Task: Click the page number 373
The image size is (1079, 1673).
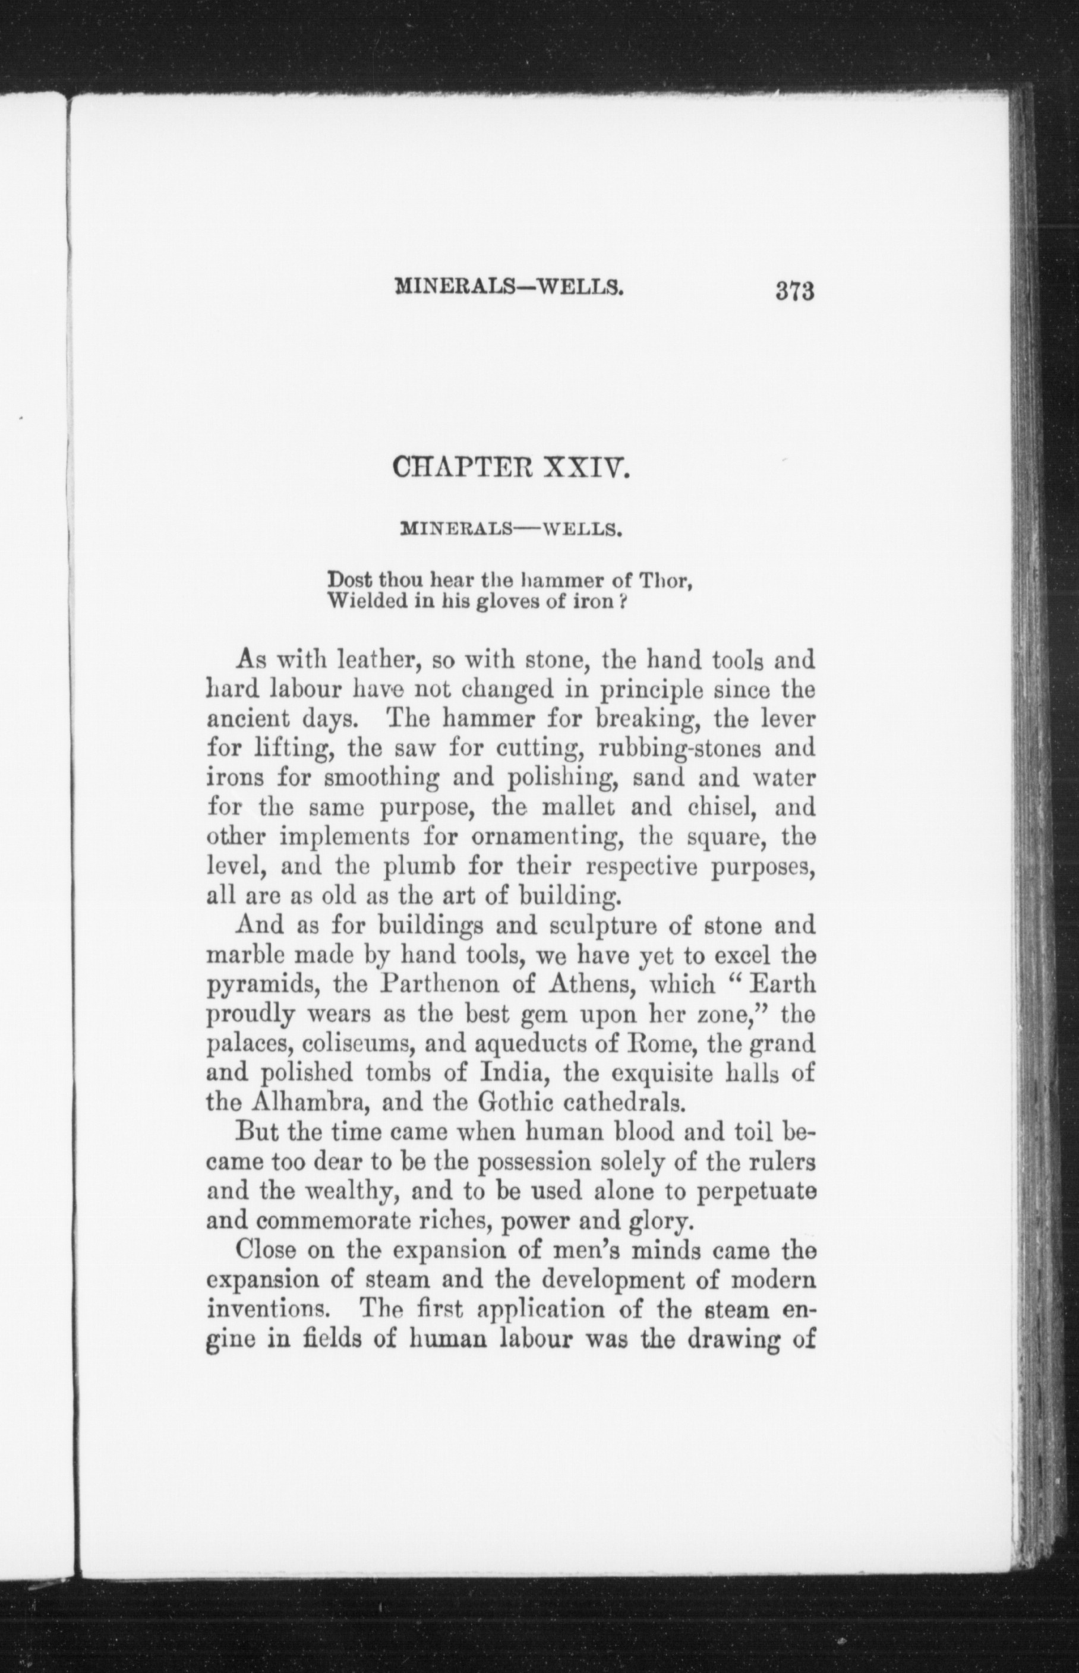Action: coord(794,290)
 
